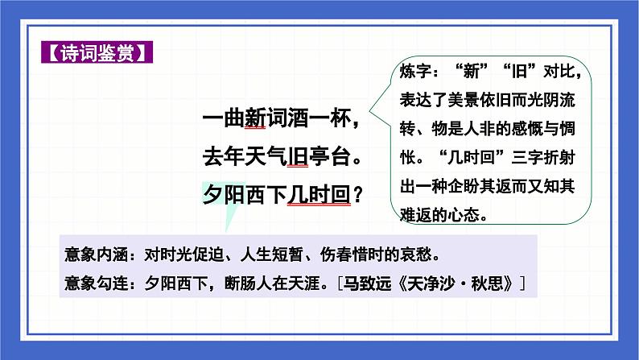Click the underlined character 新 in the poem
coord(254,119)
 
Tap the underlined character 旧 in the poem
coord(297,156)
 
